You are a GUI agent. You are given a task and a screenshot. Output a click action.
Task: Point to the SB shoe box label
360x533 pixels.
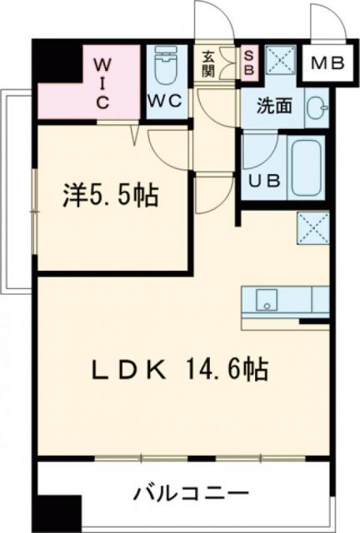click(x=248, y=63)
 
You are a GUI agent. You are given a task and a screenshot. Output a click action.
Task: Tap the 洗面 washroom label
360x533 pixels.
click(x=272, y=106)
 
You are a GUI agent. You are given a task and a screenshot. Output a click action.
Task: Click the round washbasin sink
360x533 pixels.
click(x=315, y=109)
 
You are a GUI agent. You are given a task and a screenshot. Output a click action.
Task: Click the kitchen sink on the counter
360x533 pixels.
click(x=266, y=299)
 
